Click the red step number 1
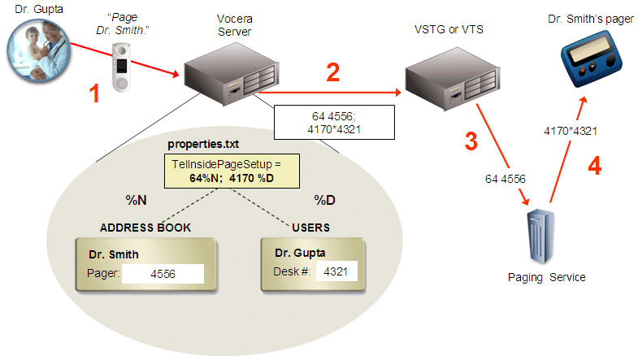coord(95,94)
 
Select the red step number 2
coord(333,73)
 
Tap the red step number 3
coord(471,140)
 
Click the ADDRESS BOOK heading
coord(145,228)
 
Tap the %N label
coord(134,198)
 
